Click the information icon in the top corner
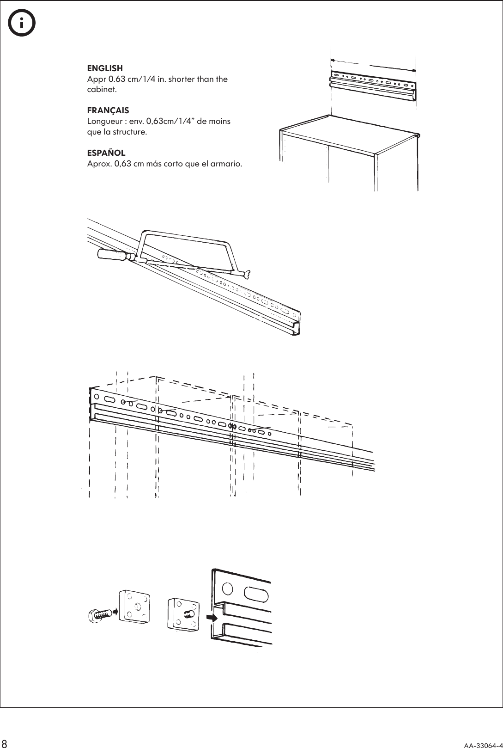pyautogui.click(x=21, y=23)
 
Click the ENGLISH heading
pyautogui.click(x=105, y=69)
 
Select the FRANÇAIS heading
pyautogui.click(x=108, y=110)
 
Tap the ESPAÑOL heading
pyautogui.click(x=106, y=153)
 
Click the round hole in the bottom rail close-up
pyautogui.click(x=228, y=589)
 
